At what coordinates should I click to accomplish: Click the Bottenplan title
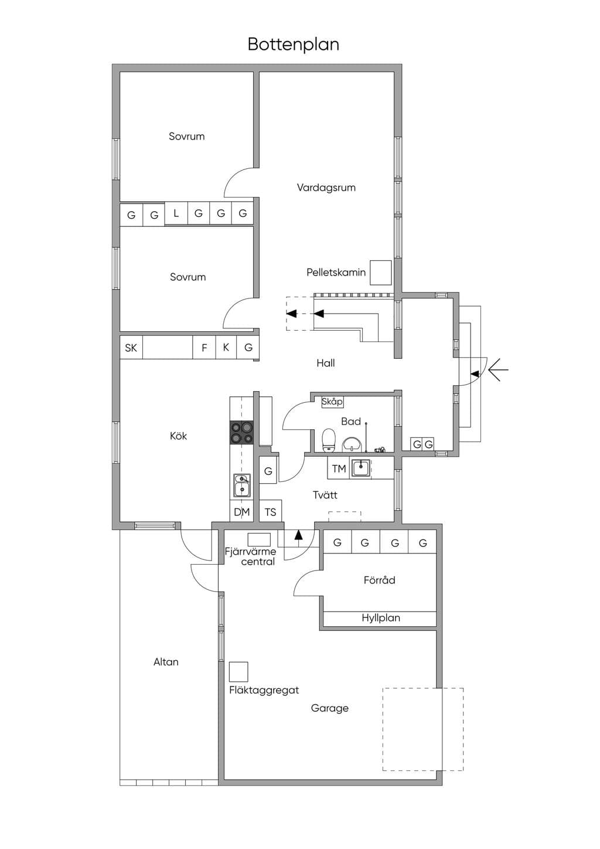tap(293, 44)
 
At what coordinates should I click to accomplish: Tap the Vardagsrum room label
tap(326, 187)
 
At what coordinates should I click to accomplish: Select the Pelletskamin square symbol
tap(380, 273)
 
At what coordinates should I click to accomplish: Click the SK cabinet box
tap(131, 347)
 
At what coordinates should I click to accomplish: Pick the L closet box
tap(176, 214)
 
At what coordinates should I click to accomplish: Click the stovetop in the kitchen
tap(241, 433)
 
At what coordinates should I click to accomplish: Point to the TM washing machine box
tap(339, 468)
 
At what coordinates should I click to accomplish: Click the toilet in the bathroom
tap(328, 440)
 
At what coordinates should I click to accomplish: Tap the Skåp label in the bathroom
tap(332, 402)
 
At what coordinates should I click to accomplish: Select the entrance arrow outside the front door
tap(498, 369)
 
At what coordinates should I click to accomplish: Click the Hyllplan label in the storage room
tap(381, 618)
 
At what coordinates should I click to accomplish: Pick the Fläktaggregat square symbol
tap(238, 671)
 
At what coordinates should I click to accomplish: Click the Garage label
tap(329, 708)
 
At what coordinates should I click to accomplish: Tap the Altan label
tap(166, 662)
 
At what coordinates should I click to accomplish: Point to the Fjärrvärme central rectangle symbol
tap(259, 539)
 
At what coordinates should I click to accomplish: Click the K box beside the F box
tap(226, 347)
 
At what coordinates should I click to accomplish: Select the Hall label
tap(326, 363)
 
